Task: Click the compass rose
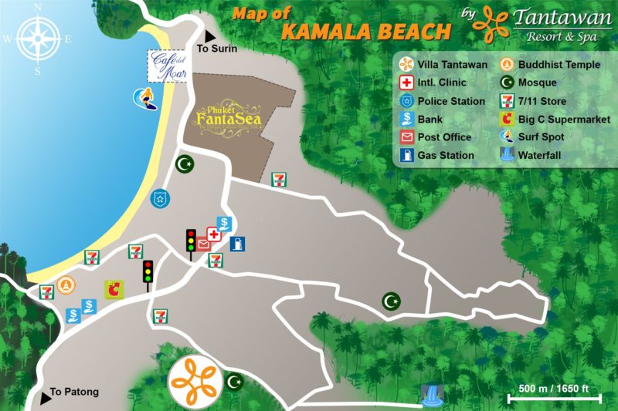(x=36, y=38)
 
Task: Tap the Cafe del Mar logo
(x=168, y=66)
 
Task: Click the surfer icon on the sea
(x=144, y=97)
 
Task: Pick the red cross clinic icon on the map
(x=214, y=234)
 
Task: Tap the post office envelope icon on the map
(x=203, y=244)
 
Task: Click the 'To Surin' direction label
(x=218, y=49)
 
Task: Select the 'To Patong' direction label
(x=74, y=392)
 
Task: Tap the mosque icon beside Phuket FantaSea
(x=184, y=163)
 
